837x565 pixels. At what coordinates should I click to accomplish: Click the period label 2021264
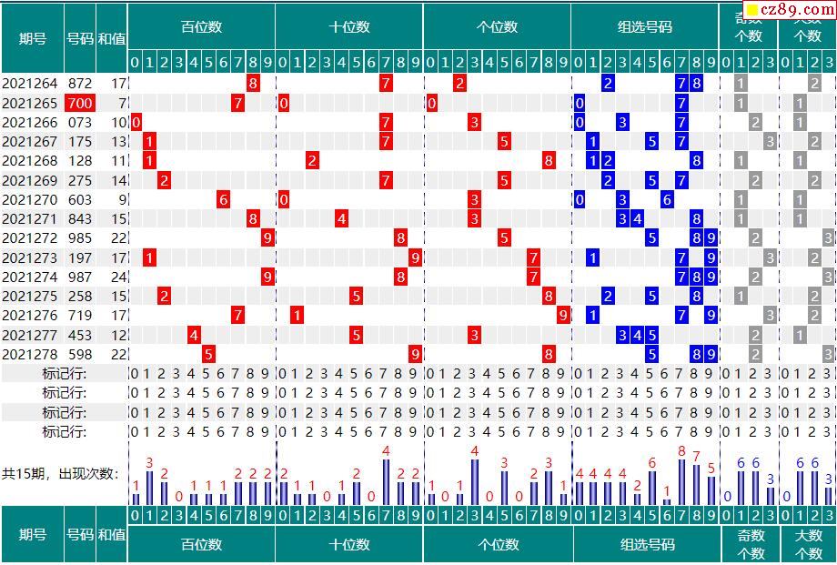[x=31, y=84]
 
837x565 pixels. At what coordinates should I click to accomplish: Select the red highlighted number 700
[x=80, y=103]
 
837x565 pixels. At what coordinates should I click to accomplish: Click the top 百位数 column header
[x=201, y=27]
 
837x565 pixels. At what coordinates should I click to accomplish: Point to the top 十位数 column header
[x=349, y=27]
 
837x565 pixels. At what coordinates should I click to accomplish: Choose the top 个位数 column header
[x=497, y=27]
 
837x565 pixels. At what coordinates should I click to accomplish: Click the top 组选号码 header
[x=645, y=27]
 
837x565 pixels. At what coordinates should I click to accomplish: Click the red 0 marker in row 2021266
[x=136, y=122]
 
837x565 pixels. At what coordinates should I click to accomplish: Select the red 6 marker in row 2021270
[x=224, y=199]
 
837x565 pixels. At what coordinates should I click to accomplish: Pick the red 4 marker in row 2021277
[x=194, y=335]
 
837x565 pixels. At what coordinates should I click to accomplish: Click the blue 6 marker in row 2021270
[x=667, y=199]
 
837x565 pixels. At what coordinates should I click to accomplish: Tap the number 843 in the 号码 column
[x=80, y=219]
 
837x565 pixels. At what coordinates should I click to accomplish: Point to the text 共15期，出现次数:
[x=61, y=473]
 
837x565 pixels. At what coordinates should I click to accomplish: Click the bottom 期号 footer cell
[x=32, y=535]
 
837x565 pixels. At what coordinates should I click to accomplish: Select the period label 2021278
[x=31, y=354]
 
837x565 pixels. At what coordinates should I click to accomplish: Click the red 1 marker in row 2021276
[x=297, y=316]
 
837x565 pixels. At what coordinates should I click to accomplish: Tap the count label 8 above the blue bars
[x=681, y=451]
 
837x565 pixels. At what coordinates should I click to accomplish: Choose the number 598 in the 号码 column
[x=80, y=354]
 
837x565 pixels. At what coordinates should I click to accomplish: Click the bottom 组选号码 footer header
[x=648, y=544]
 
